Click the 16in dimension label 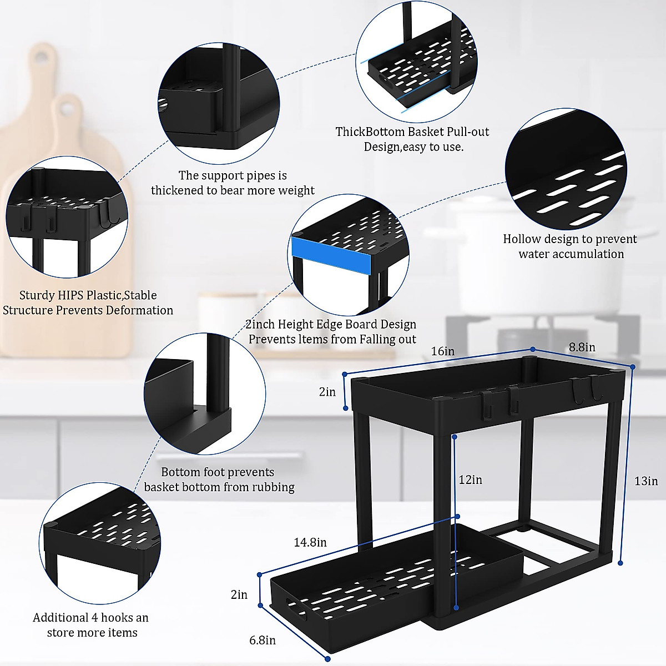[442, 351]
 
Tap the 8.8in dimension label [582, 347]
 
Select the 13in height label [646, 481]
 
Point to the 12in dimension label [470, 480]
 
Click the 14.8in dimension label [310, 542]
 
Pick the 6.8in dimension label [263, 640]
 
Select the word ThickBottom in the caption [370, 132]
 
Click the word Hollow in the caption [521, 239]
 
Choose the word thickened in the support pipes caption [177, 190]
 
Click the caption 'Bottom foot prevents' [218, 472]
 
